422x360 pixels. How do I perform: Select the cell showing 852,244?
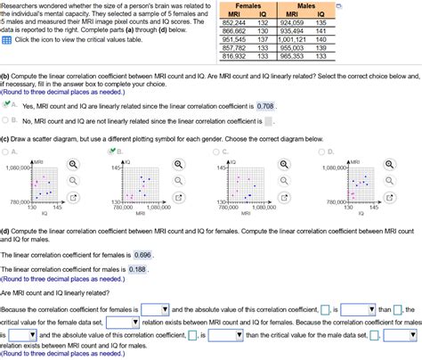coord(233,23)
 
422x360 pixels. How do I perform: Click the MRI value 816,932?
coord(233,56)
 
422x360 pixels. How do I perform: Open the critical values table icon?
coord(6,40)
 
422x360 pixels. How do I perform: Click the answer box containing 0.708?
coord(264,105)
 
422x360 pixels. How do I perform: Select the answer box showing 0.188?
coord(136,268)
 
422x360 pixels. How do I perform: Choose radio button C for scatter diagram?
coord(223,151)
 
